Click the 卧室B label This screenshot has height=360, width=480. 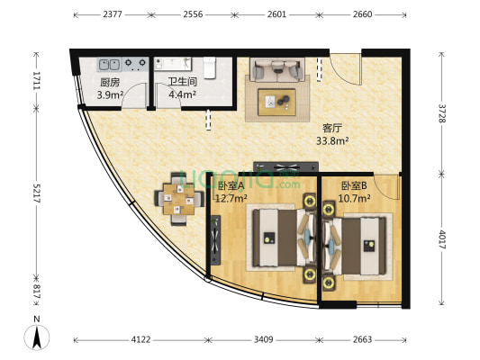pos(353,187)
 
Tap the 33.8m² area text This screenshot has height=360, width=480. pos(332,139)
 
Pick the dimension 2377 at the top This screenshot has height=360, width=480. pos(113,15)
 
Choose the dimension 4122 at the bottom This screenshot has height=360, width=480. pos(140,340)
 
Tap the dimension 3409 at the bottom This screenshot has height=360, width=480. pos(264,340)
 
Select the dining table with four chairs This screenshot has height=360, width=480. pos(177,202)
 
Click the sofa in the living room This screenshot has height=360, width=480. pos(277,68)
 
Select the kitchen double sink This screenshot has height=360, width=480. pos(111,65)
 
